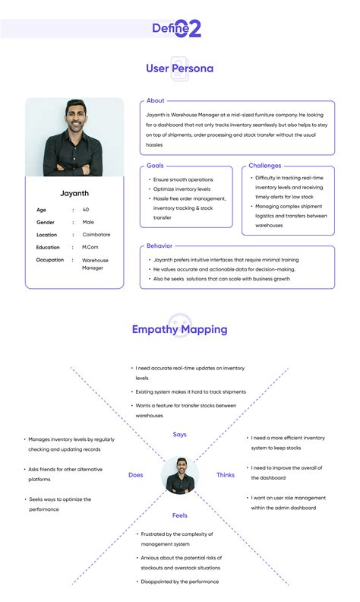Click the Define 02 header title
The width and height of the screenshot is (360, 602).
177,28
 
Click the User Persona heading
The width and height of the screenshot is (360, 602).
179,68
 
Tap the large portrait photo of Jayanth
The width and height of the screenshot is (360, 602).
74,138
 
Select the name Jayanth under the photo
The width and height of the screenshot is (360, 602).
74,193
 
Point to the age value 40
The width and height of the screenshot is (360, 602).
86,209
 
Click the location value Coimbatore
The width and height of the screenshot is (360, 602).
96,235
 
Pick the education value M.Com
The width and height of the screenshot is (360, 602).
90,247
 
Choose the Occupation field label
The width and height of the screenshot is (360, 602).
49,260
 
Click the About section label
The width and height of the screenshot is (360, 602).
156,100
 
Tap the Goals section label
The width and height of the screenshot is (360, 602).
155,165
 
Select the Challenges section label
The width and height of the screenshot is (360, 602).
265,165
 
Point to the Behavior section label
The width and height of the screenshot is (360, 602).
159,246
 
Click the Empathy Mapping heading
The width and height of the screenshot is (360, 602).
179,329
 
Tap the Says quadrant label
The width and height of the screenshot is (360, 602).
179,434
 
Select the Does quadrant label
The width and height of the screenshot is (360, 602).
135,475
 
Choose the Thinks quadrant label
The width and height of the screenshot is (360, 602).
226,475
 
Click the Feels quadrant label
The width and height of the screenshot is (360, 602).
180,515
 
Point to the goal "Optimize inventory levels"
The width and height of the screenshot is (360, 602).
182,188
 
